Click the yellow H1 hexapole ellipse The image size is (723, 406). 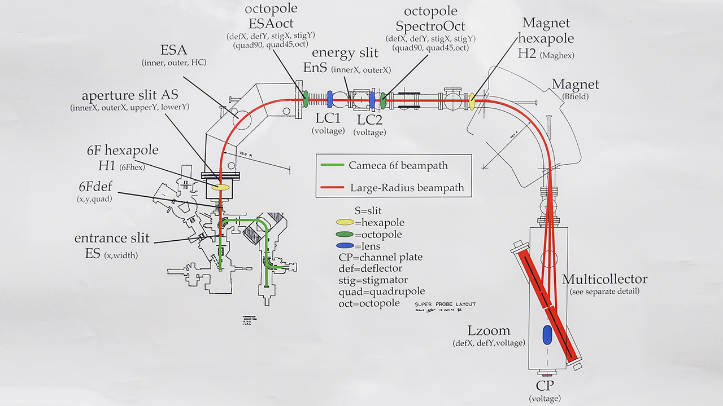coord(221,187)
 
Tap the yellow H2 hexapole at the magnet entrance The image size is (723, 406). coord(472,102)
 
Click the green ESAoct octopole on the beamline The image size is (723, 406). coord(305,99)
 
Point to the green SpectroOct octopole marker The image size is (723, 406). coord(383,100)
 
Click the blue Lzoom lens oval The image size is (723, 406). coord(547,334)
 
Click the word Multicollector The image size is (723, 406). coord(604,280)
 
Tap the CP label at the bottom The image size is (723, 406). coord(545,386)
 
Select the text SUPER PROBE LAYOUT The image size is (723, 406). coord(445,304)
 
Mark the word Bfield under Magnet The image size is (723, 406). coord(575,98)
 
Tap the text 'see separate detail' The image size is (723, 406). coord(606,292)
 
